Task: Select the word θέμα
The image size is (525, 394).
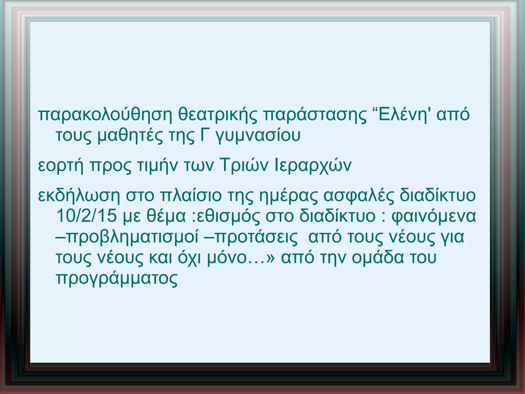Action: click(166, 216)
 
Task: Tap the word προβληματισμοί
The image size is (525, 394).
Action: click(127, 237)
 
